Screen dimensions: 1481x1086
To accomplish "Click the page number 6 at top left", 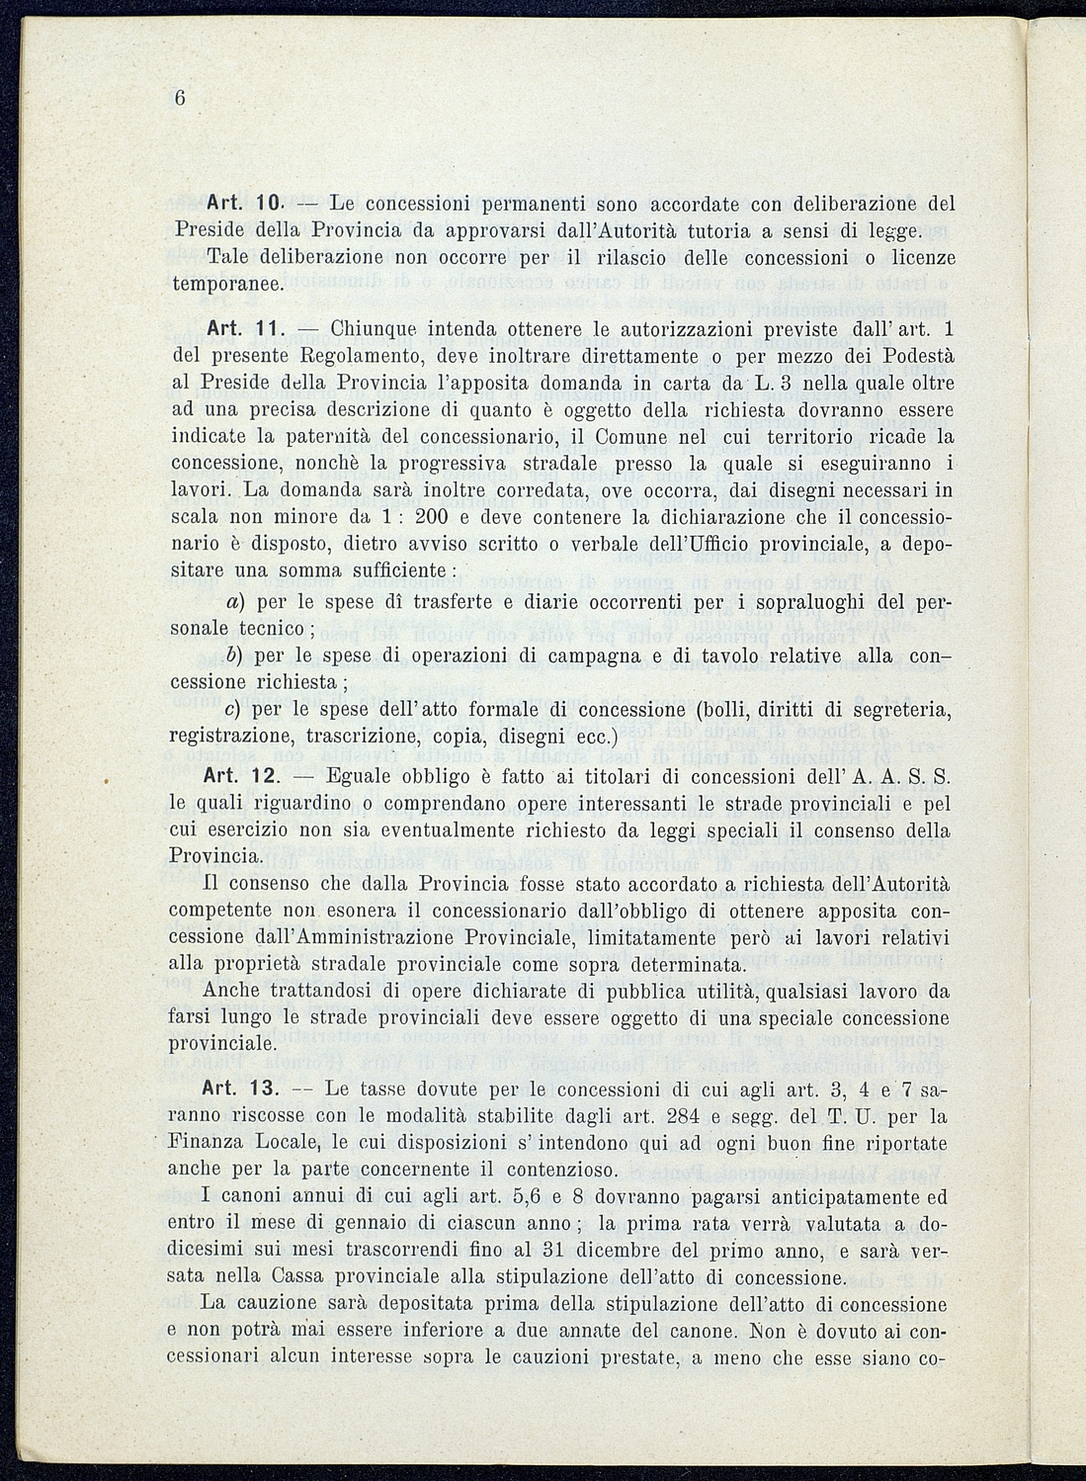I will click(180, 98).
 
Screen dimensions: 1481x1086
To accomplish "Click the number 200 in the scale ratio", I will click(433, 516).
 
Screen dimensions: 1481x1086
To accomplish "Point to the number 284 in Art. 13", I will click(719, 1116).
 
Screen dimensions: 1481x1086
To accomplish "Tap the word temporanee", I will click(227, 283).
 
